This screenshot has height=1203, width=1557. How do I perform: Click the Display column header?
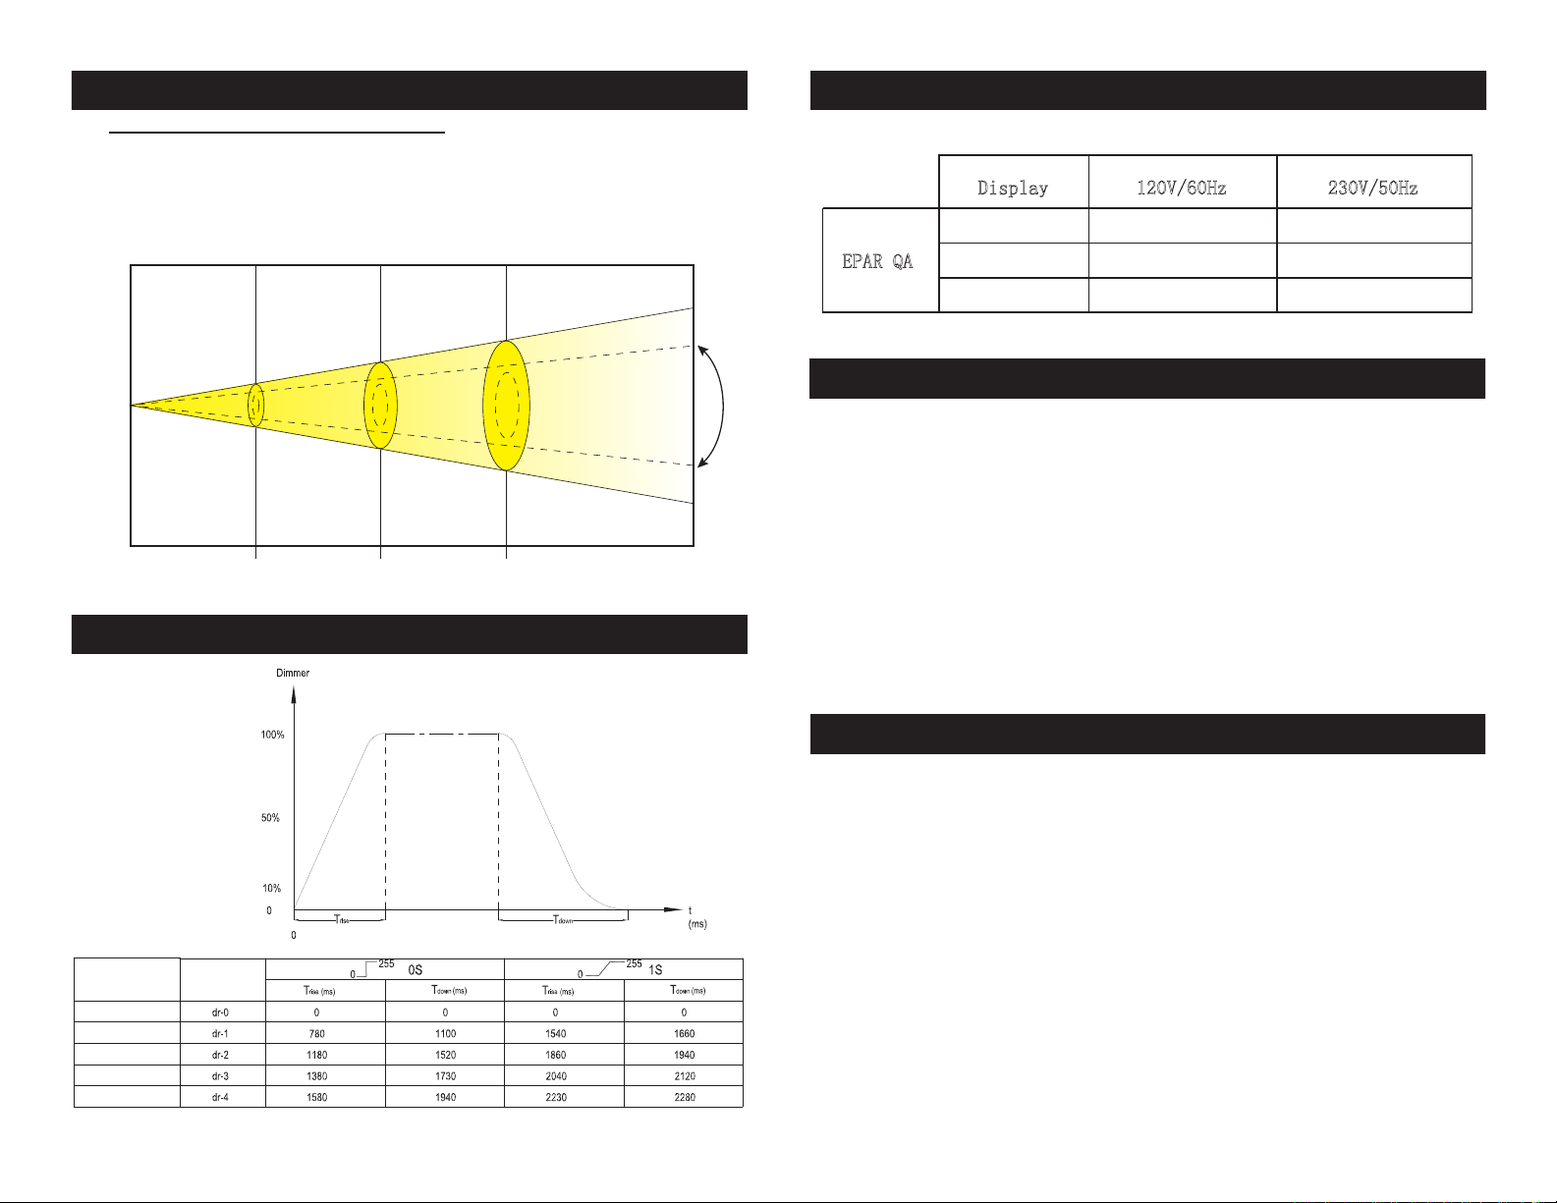coord(1013,188)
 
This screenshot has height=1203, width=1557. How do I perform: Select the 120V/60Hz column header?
coord(1181,188)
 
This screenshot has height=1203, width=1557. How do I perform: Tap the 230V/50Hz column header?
coord(1372,188)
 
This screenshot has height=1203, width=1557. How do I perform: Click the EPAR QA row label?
coord(877,261)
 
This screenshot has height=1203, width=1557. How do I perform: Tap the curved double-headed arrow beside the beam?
coord(723,406)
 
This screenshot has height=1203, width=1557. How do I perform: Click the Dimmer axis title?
coord(293,673)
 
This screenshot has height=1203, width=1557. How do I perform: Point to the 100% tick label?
coord(272,735)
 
